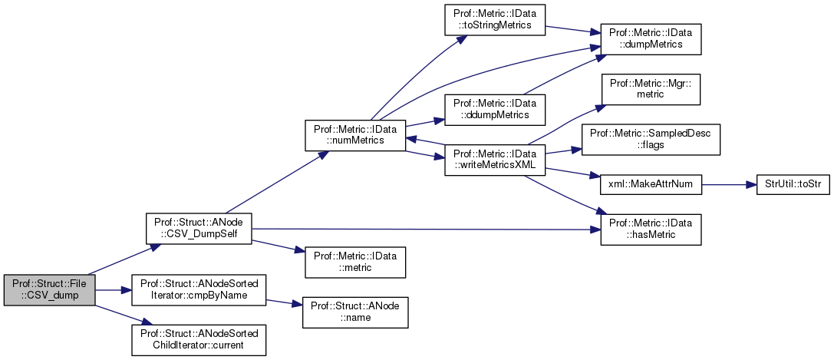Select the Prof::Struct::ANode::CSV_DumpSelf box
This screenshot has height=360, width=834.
pyautogui.click(x=199, y=229)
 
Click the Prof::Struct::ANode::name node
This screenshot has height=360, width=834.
pyautogui.click(x=355, y=312)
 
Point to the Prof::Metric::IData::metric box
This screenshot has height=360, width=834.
pyautogui.click(x=355, y=262)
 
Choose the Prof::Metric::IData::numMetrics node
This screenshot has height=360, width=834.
pyautogui.click(x=355, y=134)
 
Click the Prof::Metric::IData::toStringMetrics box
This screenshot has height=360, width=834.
pyautogui.click(x=495, y=23)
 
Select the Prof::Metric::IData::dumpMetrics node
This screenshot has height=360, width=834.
pyautogui.click(x=651, y=40)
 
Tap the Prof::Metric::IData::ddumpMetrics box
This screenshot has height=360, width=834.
pyautogui.click(x=495, y=108)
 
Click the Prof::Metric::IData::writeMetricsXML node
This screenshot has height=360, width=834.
pyautogui.click(x=495, y=158)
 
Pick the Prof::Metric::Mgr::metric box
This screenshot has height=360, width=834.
pyautogui.click(x=651, y=91)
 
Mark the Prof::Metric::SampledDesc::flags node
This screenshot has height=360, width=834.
pyautogui.click(x=651, y=139)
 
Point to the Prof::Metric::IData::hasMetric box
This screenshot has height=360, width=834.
pyautogui.click(x=651, y=229)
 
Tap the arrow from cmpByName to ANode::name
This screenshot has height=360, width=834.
pyautogui.click(x=284, y=302)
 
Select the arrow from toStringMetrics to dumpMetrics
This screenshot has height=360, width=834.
pyautogui.click(x=572, y=31)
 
